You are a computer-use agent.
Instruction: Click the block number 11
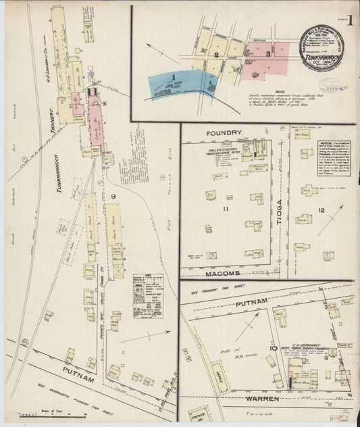pyautogui.click(x=227, y=209)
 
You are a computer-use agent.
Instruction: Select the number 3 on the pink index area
pyautogui.click(x=267, y=52)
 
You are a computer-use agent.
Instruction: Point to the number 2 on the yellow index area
pyautogui.click(x=216, y=55)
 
